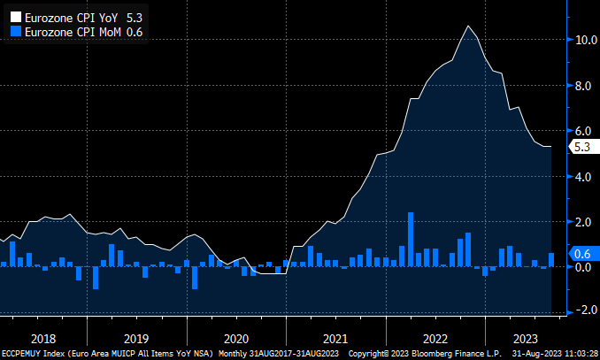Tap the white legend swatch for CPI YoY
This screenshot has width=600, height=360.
pyautogui.click(x=13, y=16)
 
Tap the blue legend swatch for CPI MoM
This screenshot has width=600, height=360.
pyautogui.click(x=13, y=32)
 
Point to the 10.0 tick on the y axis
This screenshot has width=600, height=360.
pyautogui.click(x=584, y=40)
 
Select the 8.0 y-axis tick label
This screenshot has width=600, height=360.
pyautogui.click(x=584, y=86)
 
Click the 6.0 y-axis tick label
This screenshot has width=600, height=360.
pyautogui.click(x=584, y=131)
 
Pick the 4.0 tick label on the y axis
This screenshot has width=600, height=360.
pyautogui.click(x=584, y=176)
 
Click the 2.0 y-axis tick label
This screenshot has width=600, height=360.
pyautogui.click(x=584, y=221)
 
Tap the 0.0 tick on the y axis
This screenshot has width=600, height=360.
pyautogui.click(x=584, y=267)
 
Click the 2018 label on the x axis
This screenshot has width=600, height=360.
pyautogui.click(x=42, y=339)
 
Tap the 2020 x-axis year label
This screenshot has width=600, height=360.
pyautogui.click(x=236, y=339)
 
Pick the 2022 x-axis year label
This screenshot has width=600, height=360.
pyautogui.click(x=435, y=339)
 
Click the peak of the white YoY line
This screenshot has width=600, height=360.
pyautogui.click(x=468, y=26)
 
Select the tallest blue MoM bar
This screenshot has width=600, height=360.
pyautogui.click(x=411, y=239)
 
